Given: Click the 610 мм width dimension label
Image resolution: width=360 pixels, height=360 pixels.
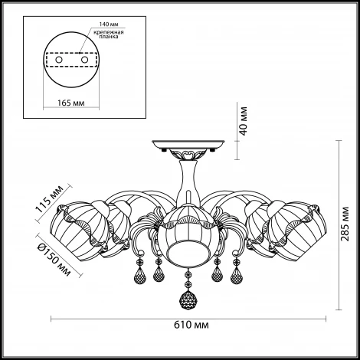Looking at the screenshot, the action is tap(191, 325).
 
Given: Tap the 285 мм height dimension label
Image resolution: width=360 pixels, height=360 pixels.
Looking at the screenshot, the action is tap(345, 224).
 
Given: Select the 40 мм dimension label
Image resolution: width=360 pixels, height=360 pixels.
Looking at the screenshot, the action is tap(244, 121).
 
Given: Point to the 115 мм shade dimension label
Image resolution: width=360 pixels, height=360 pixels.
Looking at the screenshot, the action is tap(49, 199).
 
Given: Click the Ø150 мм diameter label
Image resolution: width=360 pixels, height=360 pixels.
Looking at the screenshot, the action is tap(54, 260).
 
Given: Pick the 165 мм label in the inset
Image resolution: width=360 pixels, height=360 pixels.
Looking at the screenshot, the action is tap(71, 103).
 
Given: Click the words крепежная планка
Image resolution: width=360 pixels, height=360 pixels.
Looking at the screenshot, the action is tap(109, 34).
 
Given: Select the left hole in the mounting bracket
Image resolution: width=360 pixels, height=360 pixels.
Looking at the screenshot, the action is tap(59, 60).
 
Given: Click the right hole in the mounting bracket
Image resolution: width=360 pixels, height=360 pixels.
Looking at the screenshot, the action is tap(84, 60).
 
